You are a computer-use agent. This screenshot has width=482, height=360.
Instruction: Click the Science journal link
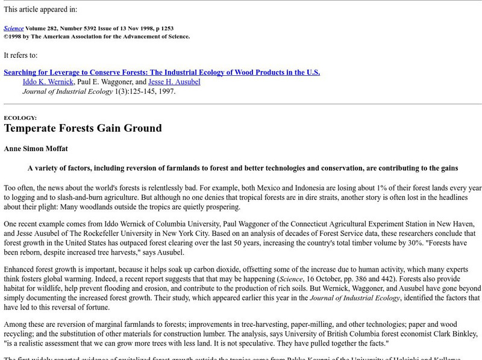(13, 28)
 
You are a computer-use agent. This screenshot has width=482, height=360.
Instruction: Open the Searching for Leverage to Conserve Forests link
(161, 72)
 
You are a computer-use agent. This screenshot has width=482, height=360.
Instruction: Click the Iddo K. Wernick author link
(48, 82)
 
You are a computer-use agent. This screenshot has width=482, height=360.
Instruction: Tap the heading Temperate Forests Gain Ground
(83, 128)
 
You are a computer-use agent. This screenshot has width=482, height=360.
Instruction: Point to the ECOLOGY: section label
(20, 118)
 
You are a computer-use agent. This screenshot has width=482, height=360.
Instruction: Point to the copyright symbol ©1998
(16, 36)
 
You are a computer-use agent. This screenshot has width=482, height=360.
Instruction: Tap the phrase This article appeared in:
(40, 9)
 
